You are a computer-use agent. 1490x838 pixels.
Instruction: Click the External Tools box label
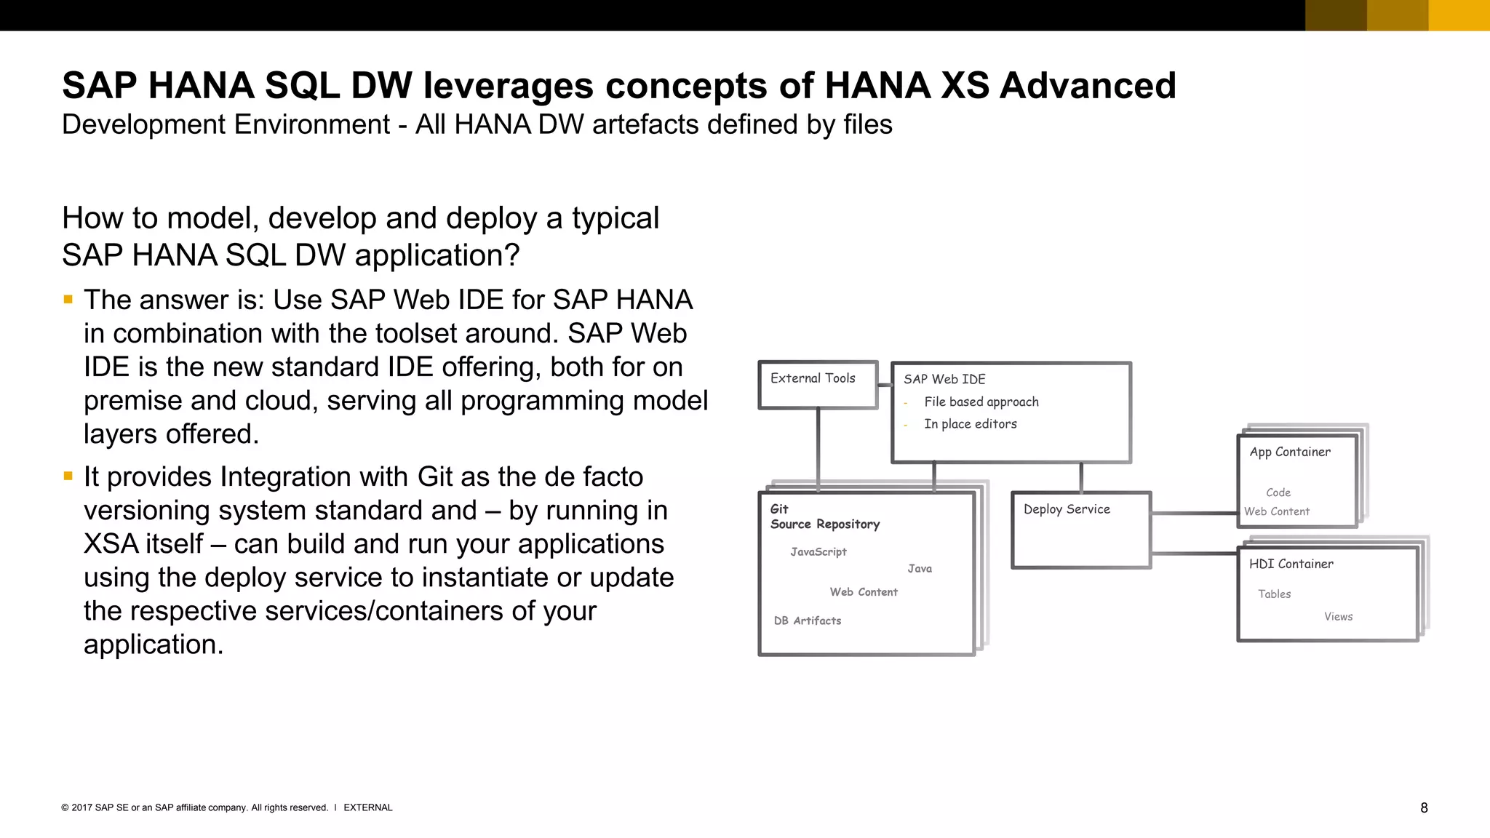click(813, 378)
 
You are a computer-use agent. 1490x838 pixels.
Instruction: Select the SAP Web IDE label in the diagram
click(944, 379)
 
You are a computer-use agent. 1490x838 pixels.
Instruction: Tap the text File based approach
click(981, 402)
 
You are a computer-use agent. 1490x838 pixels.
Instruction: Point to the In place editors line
click(970, 424)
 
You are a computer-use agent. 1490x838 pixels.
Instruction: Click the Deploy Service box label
click(1067, 509)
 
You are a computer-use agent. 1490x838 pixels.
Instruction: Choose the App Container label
click(1290, 452)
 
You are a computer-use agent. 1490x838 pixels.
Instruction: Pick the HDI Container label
click(1291, 564)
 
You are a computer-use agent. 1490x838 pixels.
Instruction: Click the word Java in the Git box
click(920, 569)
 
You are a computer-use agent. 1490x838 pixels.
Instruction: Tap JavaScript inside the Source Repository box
click(818, 552)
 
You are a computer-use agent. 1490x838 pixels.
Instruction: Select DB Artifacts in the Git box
click(808, 620)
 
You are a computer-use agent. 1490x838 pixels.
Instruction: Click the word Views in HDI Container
click(1338, 617)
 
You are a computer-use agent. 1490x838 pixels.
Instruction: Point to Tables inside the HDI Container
click(1274, 594)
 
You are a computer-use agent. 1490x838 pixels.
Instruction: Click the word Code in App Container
click(1278, 492)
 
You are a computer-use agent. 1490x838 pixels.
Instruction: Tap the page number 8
click(1424, 808)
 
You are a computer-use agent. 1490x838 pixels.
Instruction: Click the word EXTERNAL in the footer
click(367, 807)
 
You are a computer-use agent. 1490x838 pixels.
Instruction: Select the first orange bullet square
click(68, 299)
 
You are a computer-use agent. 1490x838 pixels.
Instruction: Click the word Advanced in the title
click(1088, 86)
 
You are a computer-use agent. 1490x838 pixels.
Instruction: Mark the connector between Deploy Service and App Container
click(1194, 514)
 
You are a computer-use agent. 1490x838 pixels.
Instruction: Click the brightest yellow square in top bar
click(1459, 15)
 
